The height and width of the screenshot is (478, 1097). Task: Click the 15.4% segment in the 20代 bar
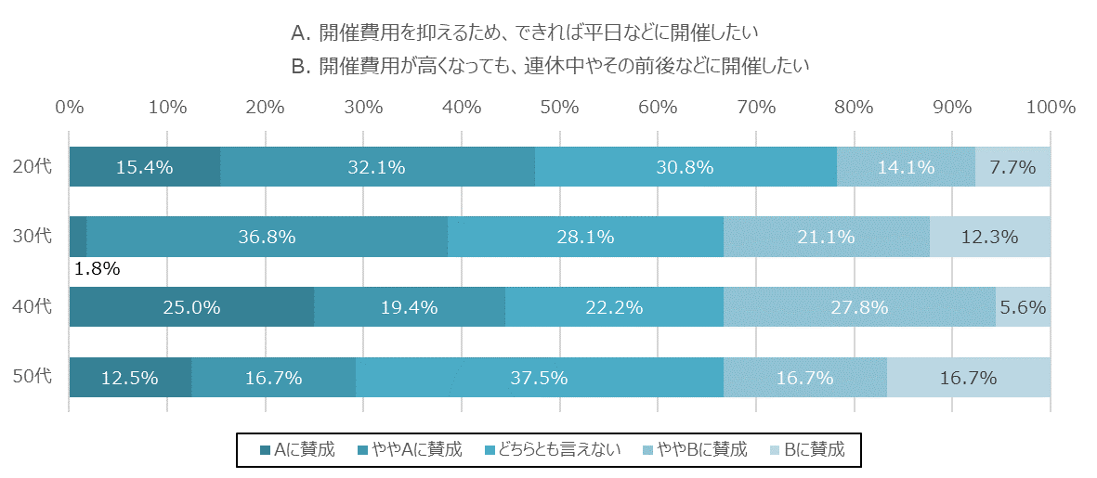click(x=145, y=167)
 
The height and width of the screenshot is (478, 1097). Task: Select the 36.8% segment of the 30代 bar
click(x=267, y=237)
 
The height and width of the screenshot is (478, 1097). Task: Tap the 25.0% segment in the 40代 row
click(x=191, y=307)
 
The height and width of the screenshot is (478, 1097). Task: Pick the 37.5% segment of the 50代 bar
click(x=539, y=378)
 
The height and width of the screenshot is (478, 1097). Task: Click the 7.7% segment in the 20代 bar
click(x=1012, y=167)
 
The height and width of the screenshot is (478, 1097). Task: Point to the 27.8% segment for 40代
click(x=859, y=307)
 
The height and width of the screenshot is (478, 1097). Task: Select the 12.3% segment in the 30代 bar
click(x=990, y=237)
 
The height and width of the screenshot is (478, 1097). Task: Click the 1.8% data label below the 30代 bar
click(x=98, y=270)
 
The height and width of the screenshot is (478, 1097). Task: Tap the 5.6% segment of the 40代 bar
click(x=1023, y=307)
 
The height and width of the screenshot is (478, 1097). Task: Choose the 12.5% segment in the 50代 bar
click(x=130, y=378)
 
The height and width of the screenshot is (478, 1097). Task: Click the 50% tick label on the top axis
click(x=560, y=107)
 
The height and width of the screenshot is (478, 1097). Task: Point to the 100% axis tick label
click(x=1050, y=107)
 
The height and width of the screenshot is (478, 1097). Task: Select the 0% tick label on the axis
click(x=70, y=107)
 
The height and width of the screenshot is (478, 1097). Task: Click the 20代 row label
click(x=33, y=167)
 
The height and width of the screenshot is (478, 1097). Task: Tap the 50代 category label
click(x=33, y=378)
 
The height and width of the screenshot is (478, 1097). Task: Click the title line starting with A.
click(x=525, y=33)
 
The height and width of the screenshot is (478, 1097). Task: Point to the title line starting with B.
click(x=550, y=66)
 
